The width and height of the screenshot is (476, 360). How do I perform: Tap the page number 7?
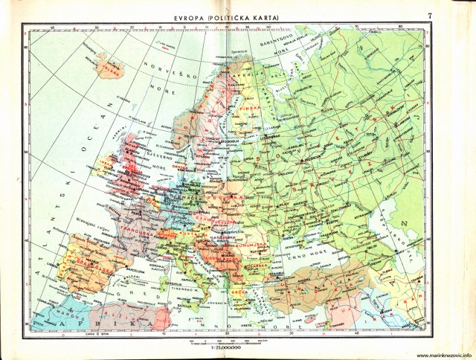tap(451, 16)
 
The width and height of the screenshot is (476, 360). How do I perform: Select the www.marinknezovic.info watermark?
tap(437, 356)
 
